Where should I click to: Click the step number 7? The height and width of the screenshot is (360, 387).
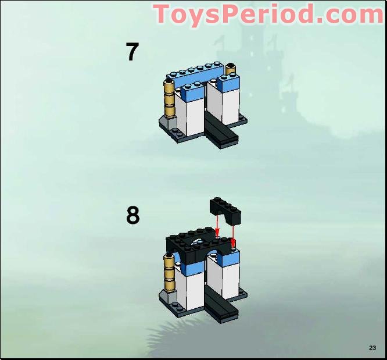(x=132, y=52)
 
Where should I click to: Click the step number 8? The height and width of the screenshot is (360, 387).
(x=133, y=216)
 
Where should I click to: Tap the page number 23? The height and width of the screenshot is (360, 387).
(x=372, y=348)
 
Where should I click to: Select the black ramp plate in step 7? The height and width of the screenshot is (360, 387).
(x=221, y=131)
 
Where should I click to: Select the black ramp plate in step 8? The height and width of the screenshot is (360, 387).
(x=221, y=304)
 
